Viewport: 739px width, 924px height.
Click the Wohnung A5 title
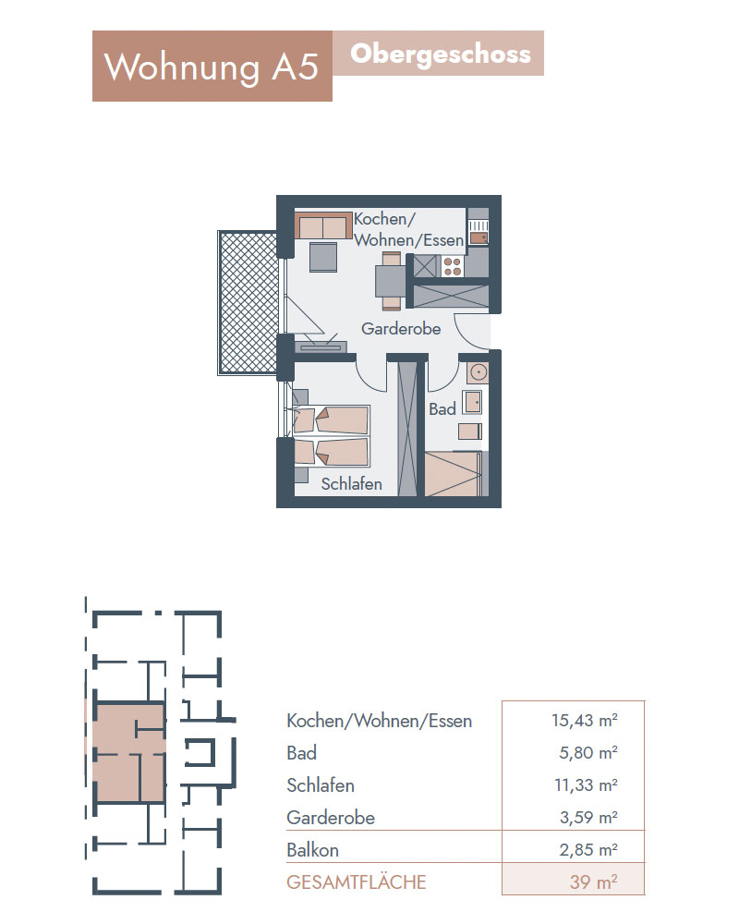(211, 67)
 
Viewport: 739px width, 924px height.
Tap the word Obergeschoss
(441, 55)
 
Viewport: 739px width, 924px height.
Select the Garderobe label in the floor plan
(401, 328)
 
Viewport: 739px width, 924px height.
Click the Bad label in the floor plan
(442, 409)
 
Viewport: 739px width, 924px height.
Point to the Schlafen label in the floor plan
(351, 484)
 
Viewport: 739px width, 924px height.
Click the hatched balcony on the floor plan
(248, 302)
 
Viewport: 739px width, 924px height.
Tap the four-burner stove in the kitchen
(452, 266)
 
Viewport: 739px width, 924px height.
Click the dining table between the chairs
(391, 282)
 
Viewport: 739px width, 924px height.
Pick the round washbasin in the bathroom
(478, 372)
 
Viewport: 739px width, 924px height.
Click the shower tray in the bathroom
(454, 473)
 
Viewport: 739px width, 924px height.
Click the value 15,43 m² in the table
(585, 720)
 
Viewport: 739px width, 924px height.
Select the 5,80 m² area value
(588, 752)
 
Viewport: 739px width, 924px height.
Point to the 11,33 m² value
(586, 784)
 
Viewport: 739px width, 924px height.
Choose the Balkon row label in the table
(312, 850)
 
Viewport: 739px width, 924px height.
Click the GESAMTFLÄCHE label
(356, 882)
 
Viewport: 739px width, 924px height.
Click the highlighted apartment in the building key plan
(129, 752)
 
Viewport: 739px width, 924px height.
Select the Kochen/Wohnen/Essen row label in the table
(379, 721)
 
